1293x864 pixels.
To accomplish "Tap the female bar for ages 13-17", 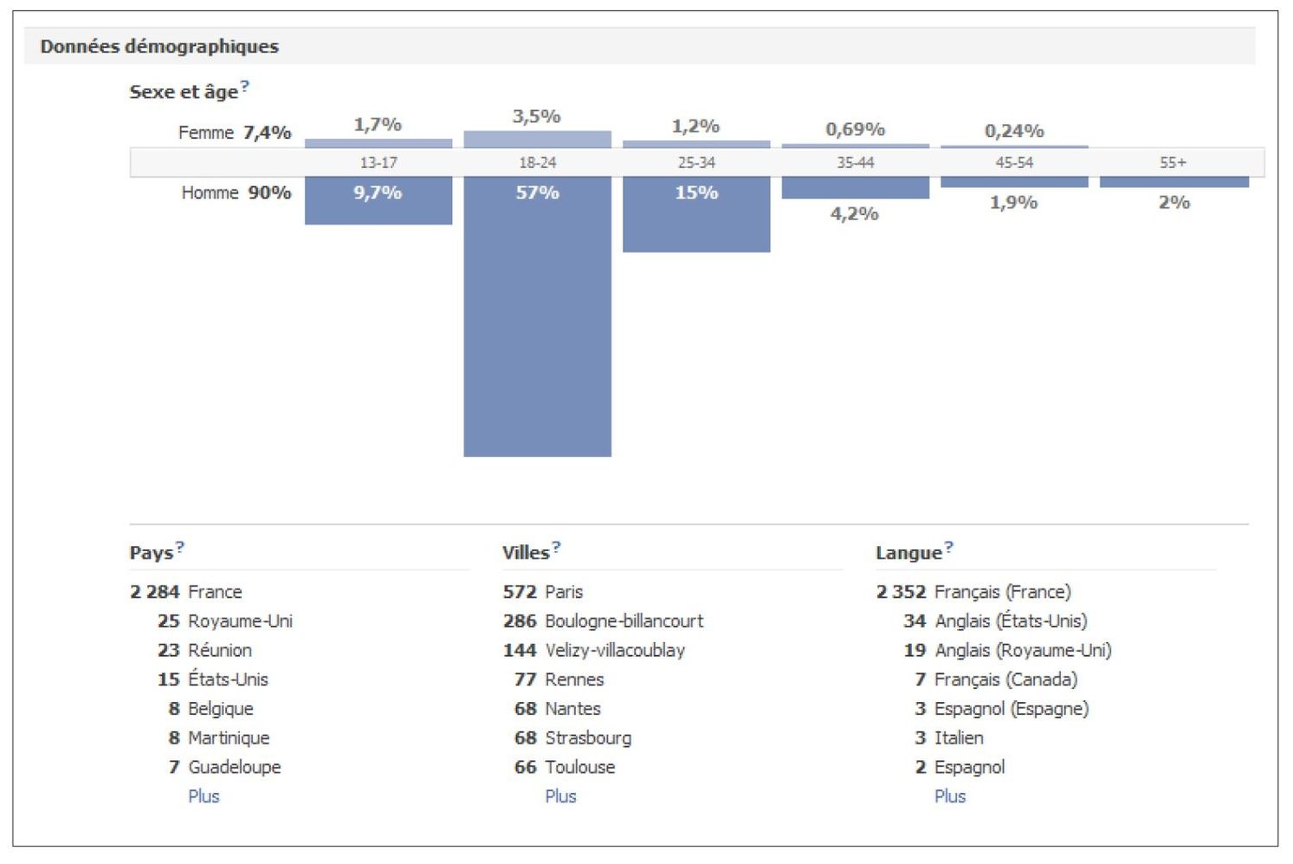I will [378, 143].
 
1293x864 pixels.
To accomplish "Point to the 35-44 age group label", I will [855, 163].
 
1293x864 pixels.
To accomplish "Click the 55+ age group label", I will [1173, 163].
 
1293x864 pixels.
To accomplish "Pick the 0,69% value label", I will [855, 130].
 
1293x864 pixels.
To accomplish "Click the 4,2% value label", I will [855, 213].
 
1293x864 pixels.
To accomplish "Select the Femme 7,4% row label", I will [234, 133].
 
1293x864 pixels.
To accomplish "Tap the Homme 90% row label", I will [236, 192].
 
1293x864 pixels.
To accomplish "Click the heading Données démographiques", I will [159, 47].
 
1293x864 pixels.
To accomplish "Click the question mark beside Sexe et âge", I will [245, 86].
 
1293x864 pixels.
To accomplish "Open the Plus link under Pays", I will [204, 796].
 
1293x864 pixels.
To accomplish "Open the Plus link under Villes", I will [560, 796].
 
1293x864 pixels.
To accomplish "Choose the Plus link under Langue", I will [950, 796].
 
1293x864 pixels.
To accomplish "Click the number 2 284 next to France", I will [154, 592].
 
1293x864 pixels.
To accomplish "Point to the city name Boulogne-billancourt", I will [624, 621].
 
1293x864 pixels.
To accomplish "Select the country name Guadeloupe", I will [234, 767].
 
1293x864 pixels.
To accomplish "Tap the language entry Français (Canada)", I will [1005, 679].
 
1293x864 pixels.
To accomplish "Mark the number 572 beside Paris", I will [520, 592].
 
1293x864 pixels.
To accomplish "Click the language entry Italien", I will [959, 737].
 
